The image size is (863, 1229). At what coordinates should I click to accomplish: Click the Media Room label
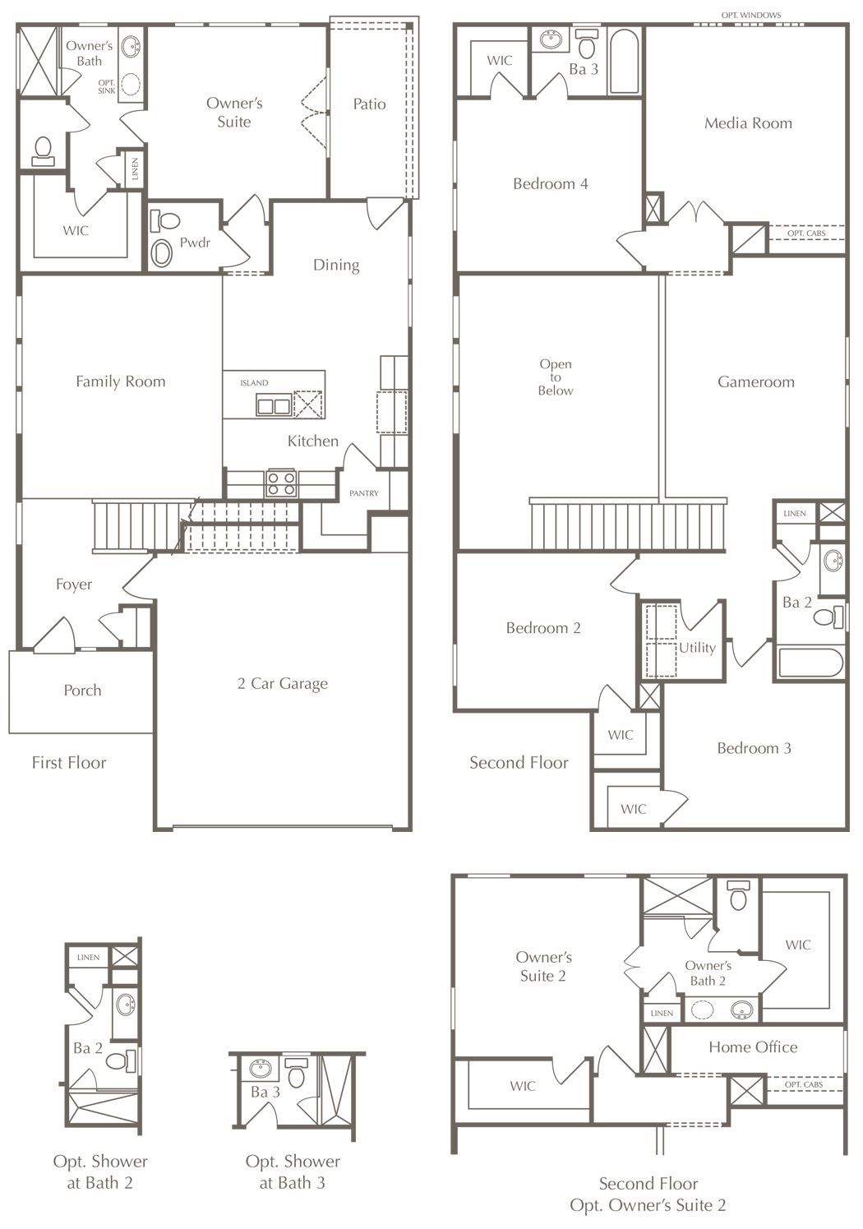tap(748, 123)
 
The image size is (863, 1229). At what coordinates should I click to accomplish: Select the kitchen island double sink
tap(273, 406)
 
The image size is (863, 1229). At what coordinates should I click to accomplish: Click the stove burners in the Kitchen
tap(281, 483)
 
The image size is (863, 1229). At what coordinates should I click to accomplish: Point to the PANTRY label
tap(364, 493)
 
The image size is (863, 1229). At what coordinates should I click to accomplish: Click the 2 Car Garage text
tap(283, 683)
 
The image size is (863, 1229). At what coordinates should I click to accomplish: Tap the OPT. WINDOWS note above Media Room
tap(751, 15)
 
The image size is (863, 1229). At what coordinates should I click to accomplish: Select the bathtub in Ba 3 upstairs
tap(625, 62)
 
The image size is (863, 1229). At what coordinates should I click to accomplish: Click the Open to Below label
tap(556, 377)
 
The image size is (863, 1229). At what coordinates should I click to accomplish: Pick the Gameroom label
tap(756, 382)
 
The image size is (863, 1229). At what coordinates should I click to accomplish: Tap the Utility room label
tap(697, 648)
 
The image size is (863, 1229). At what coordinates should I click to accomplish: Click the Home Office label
tap(753, 1046)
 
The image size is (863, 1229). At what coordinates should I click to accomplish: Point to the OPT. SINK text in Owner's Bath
tap(106, 86)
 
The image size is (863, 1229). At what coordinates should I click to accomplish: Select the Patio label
tap(369, 104)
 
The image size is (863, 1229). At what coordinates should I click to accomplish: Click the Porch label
tap(82, 690)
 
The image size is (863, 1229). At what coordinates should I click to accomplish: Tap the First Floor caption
tap(68, 762)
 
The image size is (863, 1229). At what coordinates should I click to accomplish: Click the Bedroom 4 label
tap(551, 183)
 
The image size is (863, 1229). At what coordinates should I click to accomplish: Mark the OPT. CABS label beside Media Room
tap(806, 233)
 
